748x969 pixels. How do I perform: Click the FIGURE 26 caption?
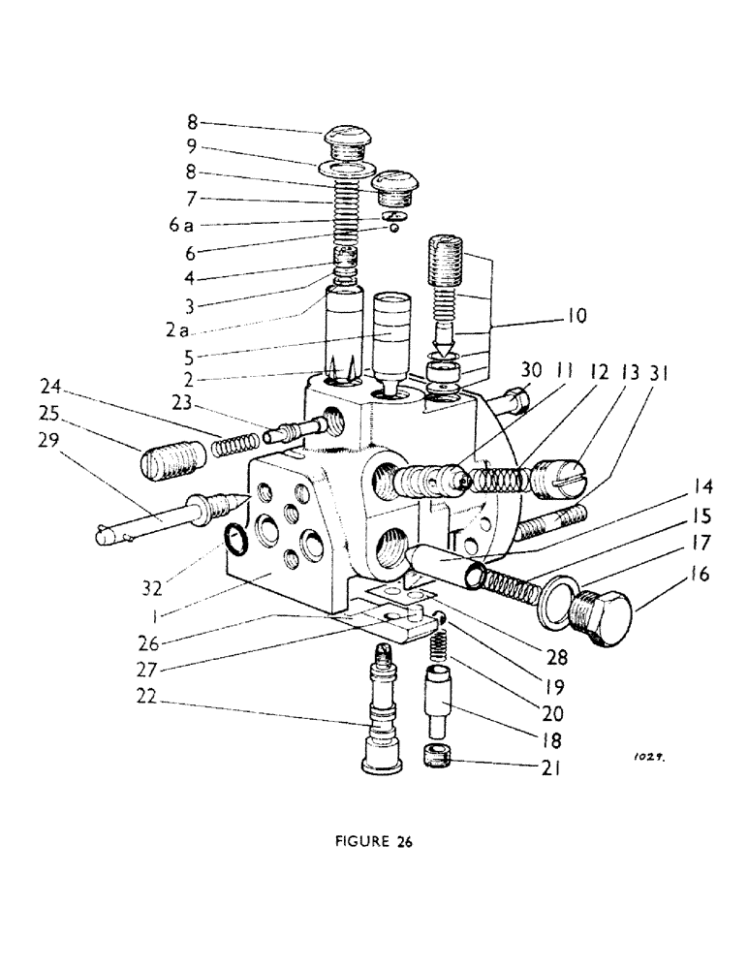pyautogui.click(x=372, y=842)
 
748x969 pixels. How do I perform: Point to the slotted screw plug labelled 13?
pyautogui.click(x=559, y=478)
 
